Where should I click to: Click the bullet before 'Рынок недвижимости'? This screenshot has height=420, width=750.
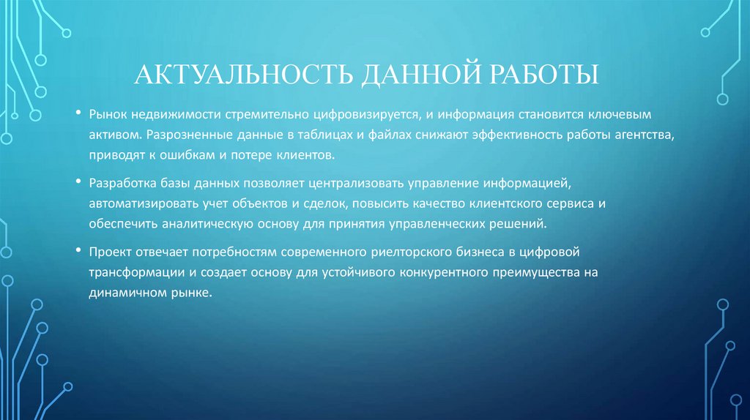click(x=78, y=115)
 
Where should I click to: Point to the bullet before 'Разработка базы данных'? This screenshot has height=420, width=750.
click(x=78, y=183)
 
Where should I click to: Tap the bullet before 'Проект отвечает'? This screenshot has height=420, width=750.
click(x=78, y=251)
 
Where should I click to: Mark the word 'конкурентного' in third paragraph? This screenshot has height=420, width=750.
click(x=444, y=271)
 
